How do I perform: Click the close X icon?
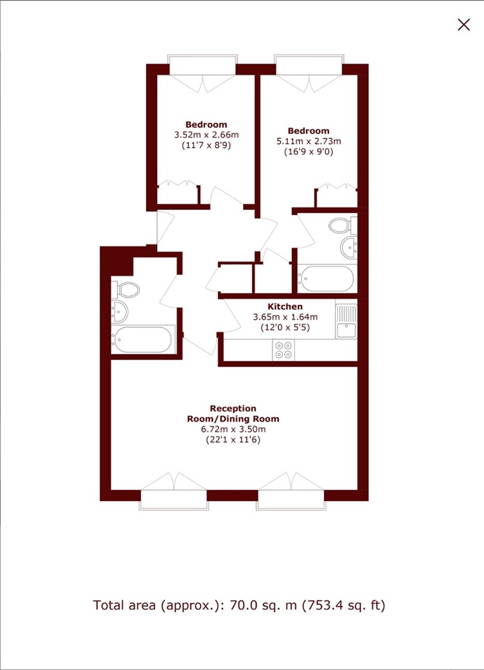point(463,24)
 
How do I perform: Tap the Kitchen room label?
point(286,306)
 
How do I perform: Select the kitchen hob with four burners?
point(284,349)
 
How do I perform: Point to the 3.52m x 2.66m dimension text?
point(206,135)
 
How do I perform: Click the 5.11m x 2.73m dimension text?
point(309,140)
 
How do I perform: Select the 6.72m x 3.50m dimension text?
point(234,429)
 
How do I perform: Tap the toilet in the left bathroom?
point(126,289)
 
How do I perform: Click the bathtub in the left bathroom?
point(143,339)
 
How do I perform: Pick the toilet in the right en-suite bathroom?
point(340,225)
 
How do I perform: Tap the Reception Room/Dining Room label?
point(233,413)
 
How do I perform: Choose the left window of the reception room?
point(173,498)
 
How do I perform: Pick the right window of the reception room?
point(291,498)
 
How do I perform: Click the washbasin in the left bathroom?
point(118,311)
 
